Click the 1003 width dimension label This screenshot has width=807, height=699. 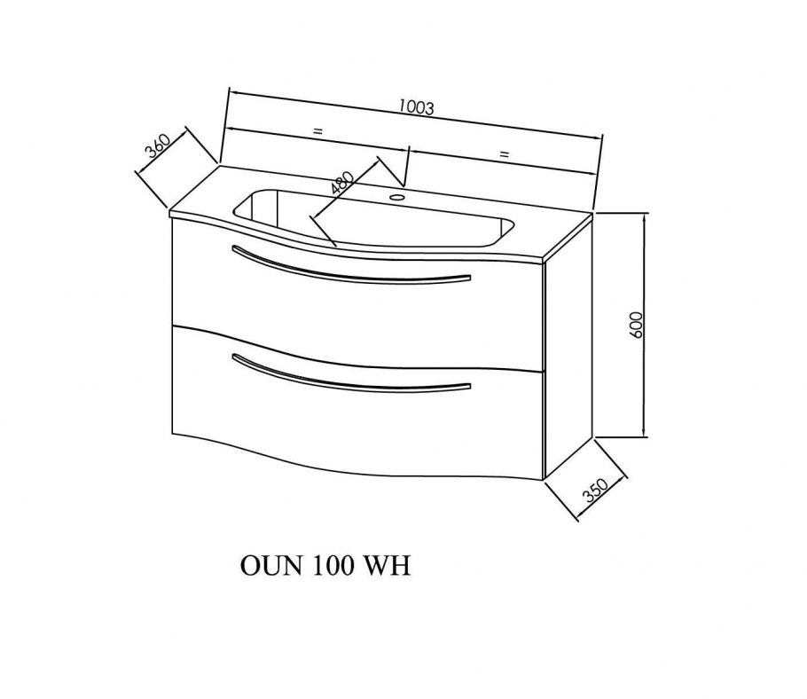tap(417, 106)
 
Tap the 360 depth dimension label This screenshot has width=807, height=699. tap(157, 146)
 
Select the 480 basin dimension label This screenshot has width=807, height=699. tap(343, 182)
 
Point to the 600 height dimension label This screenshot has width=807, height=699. tap(636, 325)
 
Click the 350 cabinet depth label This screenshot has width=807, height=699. tap(596, 490)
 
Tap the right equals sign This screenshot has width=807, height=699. tap(504, 153)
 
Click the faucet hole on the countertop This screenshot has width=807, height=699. tap(396, 197)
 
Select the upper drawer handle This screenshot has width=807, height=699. tap(351, 267)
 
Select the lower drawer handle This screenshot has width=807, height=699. tap(351, 374)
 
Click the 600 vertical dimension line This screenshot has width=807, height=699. tap(645, 326)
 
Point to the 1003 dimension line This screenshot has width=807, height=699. tap(415, 114)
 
